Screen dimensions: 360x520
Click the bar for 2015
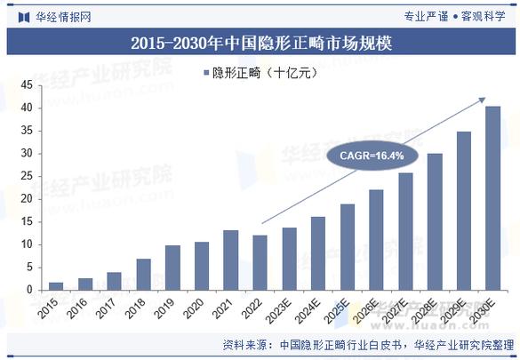(x=56, y=286)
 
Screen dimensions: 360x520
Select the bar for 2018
(x=143, y=275)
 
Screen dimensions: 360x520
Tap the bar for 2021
(x=230, y=260)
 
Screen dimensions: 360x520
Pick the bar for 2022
(x=260, y=263)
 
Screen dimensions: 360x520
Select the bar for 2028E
(x=434, y=222)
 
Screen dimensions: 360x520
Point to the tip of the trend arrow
(x=485, y=98)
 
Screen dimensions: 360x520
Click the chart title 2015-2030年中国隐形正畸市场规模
(x=260, y=42)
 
